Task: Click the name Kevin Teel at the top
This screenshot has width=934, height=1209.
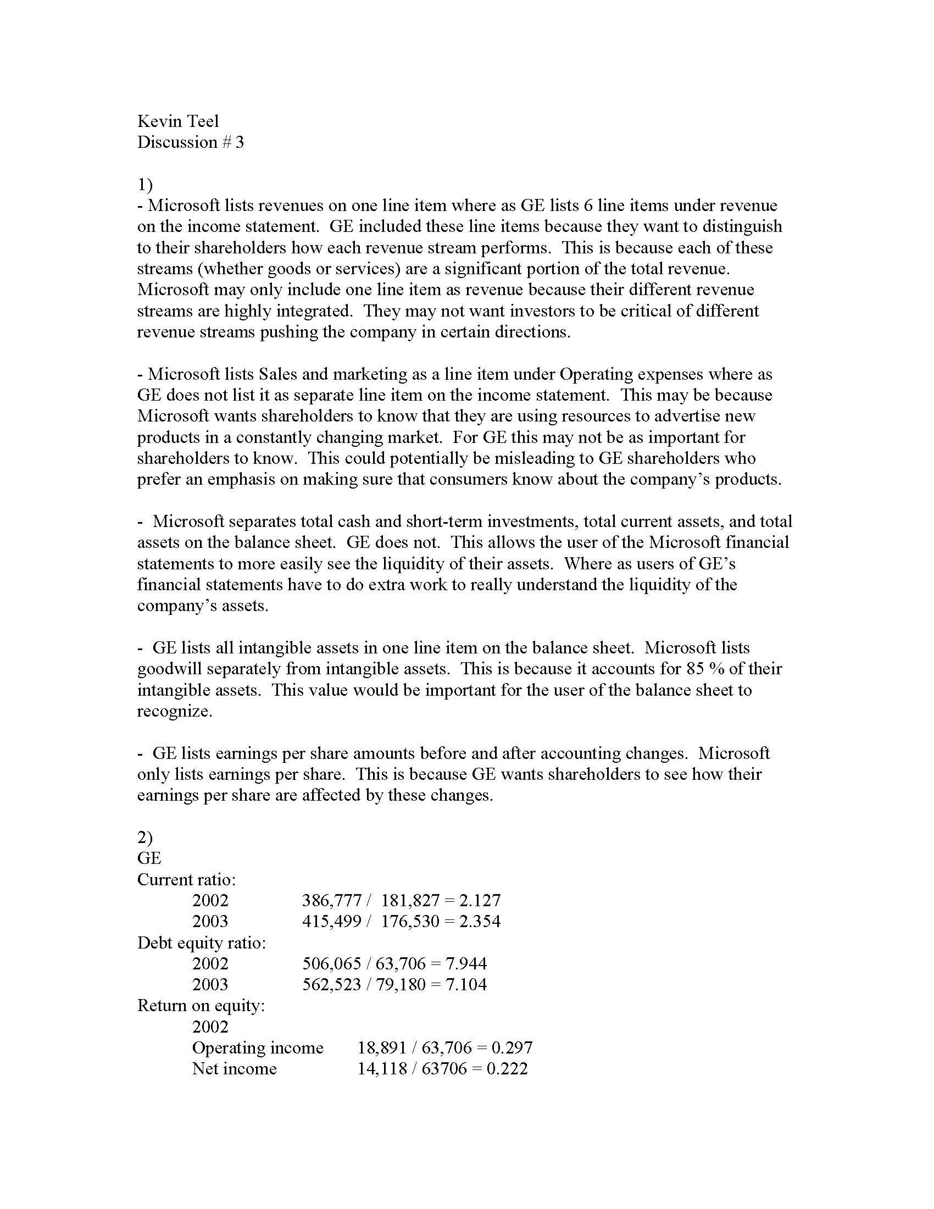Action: click(x=177, y=121)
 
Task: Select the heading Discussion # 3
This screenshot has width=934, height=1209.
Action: click(x=190, y=142)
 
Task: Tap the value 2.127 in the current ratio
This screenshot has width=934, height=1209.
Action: click(x=480, y=900)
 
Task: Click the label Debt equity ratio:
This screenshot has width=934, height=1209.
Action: click(x=202, y=942)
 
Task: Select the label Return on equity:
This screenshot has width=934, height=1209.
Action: click(x=201, y=1005)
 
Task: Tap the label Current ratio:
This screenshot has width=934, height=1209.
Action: click(x=186, y=879)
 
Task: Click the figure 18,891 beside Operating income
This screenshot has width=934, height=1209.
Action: click(x=382, y=1047)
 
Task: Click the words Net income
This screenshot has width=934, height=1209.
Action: click(x=234, y=1068)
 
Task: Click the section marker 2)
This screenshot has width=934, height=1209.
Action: click(x=144, y=837)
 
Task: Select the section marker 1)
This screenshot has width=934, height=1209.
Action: click(x=144, y=184)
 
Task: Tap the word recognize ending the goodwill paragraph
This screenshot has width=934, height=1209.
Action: click(x=174, y=711)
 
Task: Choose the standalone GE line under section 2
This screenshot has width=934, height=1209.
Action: click(x=149, y=858)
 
